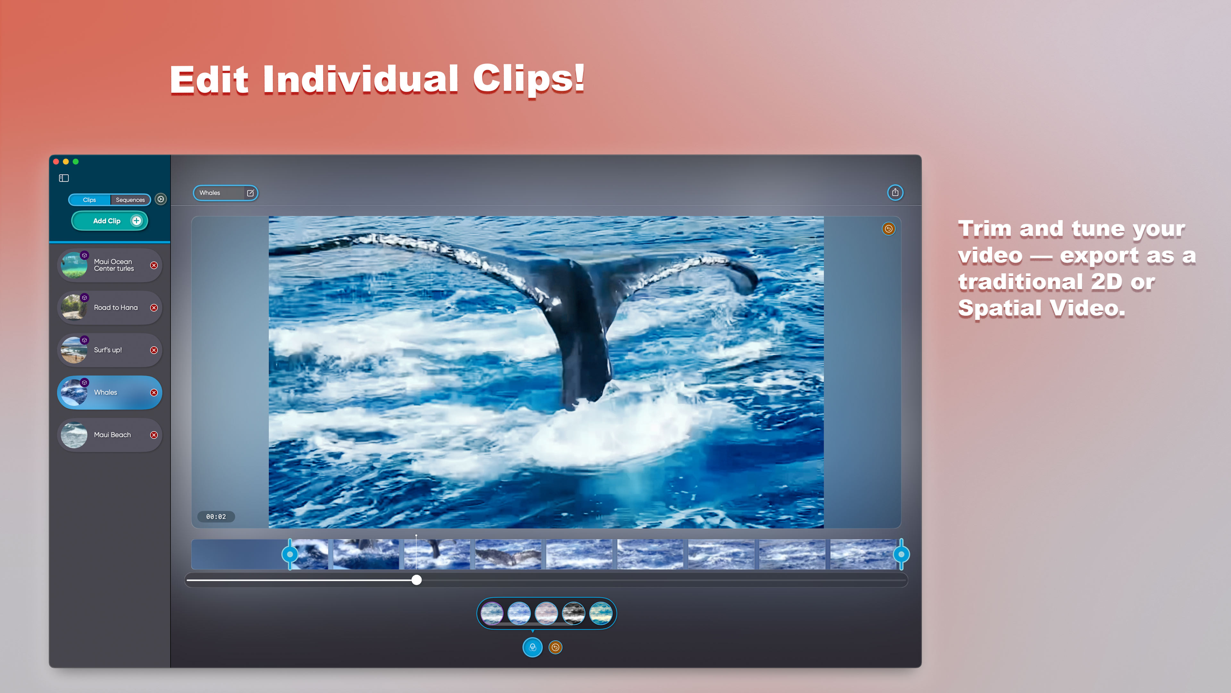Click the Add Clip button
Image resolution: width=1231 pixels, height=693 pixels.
click(109, 221)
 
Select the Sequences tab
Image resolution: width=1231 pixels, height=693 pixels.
click(130, 200)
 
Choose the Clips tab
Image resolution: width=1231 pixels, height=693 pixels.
click(89, 200)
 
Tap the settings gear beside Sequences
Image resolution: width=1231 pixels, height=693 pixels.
click(161, 199)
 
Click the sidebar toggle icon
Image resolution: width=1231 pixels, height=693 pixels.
click(63, 178)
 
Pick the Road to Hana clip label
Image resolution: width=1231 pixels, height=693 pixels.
click(116, 308)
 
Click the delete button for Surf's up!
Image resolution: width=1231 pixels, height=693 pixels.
click(154, 350)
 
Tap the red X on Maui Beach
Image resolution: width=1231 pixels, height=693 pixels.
click(154, 435)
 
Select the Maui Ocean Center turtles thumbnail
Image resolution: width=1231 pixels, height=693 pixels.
click(74, 265)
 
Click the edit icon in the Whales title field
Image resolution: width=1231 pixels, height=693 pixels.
click(250, 193)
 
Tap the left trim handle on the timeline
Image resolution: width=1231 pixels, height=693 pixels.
click(289, 554)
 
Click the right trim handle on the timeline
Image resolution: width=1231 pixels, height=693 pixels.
click(901, 554)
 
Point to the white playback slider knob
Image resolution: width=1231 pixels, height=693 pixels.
click(417, 580)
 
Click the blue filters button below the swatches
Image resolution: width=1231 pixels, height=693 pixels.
click(532, 647)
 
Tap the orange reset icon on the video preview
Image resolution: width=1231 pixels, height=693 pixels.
click(888, 229)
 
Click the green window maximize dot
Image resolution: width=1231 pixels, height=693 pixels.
click(76, 162)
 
